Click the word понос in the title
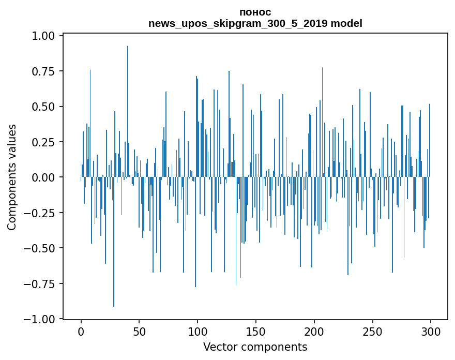tap(255, 12)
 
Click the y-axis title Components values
tap(12, 177)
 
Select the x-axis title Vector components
tap(255, 347)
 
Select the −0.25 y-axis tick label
tap(41, 213)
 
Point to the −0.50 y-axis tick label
tap(41, 248)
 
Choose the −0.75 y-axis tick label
tap(41, 283)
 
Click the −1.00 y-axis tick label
tap(41, 319)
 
